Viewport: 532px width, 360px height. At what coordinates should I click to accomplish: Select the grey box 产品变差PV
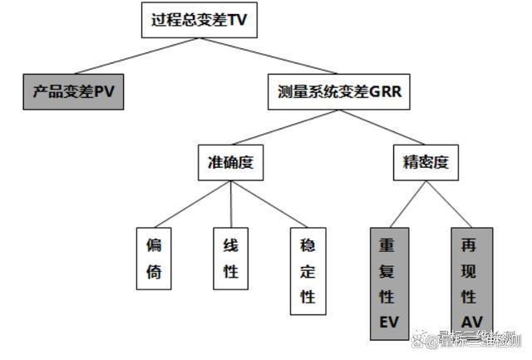[x=73, y=91]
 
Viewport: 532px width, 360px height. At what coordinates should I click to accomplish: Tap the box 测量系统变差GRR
[x=339, y=91]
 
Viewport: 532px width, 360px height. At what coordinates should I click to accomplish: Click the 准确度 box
[x=229, y=163]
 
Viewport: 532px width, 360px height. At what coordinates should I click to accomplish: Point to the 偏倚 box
[x=153, y=258]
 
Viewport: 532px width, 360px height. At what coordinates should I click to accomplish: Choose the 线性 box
[x=230, y=258]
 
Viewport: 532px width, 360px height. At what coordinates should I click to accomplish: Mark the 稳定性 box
[x=308, y=271]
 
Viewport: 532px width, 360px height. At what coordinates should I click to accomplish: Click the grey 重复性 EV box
[x=389, y=284]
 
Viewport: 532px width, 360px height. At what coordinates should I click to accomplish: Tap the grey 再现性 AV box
[x=471, y=284]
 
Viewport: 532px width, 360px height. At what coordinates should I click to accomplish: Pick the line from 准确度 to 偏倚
[x=191, y=204]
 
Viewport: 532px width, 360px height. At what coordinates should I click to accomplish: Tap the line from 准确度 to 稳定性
[x=268, y=204]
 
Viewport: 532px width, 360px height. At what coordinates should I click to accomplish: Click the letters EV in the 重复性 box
[x=389, y=321]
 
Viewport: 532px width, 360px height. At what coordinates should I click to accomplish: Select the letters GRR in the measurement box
[x=383, y=91]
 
